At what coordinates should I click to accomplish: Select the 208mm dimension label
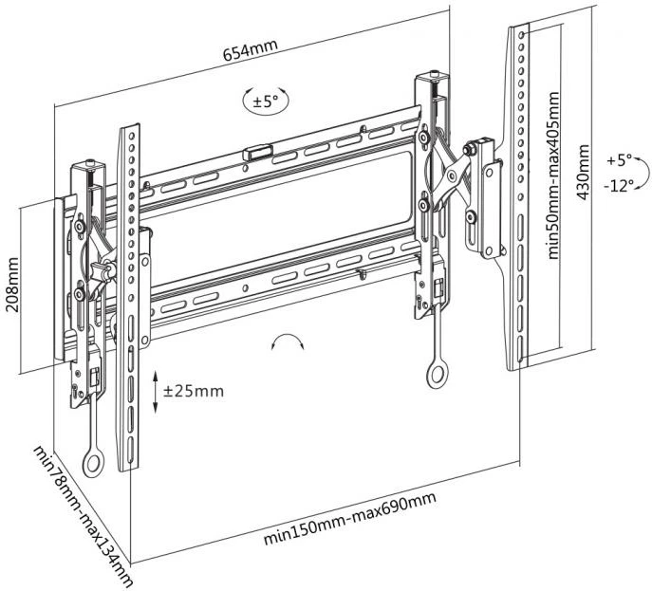point(13,286)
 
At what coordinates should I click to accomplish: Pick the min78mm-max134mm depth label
point(82,515)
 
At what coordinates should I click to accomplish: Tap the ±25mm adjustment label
point(194,390)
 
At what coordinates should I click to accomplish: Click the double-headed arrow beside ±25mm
point(156,391)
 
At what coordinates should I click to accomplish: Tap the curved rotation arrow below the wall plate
point(289,342)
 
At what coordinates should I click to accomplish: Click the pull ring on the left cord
point(93,464)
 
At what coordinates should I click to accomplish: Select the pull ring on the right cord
point(437,374)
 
